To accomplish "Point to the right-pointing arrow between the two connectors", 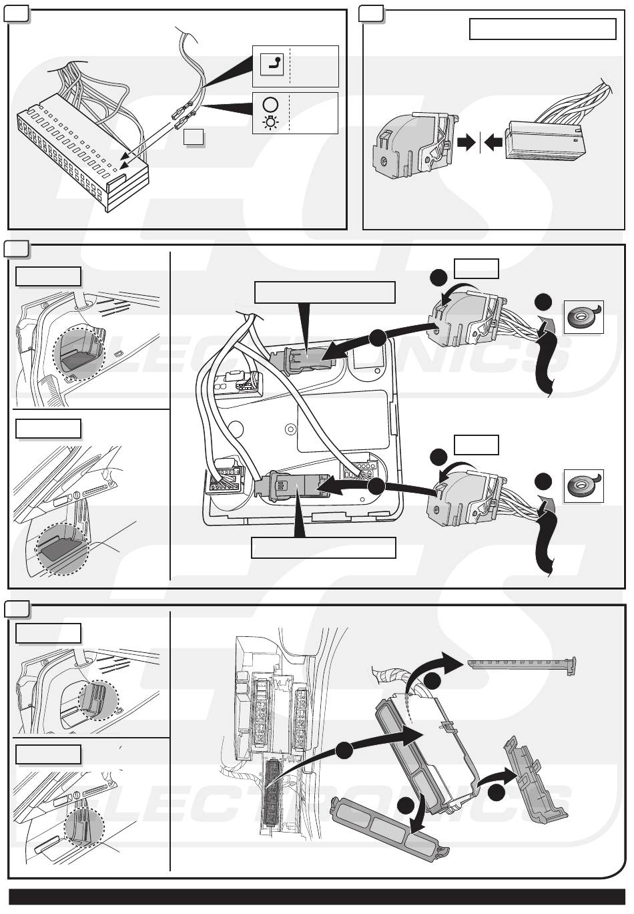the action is click(x=468, y=142).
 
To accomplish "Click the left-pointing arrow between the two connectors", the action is click(x=493, y=142).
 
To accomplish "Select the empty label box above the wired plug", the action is click(x=542, y=29).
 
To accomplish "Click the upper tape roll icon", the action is click(x=583, y=317).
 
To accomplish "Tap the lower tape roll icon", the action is click(x=583, y=485).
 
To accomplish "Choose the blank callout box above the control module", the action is click(x=325, y=292).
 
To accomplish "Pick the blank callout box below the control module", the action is click(x=324, y=547).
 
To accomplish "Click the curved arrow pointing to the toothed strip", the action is click(x=434, y=668).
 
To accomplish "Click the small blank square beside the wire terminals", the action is click(x=194, y=137).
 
